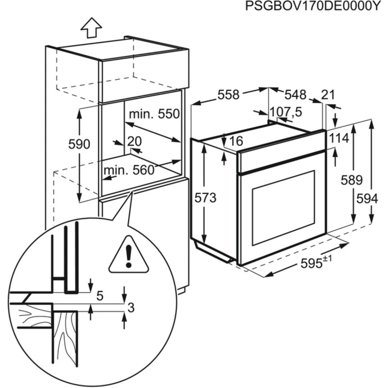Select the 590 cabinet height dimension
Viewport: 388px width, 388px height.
(79, 144)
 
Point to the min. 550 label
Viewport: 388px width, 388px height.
(154, 114)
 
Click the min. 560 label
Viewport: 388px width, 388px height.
(129, 170)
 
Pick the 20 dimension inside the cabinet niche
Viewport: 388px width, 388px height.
(134, 141)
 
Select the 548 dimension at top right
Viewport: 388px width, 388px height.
(295, 94)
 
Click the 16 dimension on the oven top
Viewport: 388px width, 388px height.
(236, 141)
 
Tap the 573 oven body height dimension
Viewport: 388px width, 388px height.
(206, 198)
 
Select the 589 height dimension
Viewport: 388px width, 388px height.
(352, 180)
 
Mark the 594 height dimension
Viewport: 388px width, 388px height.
(367, 199)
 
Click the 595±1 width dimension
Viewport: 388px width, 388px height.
(314, 262)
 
